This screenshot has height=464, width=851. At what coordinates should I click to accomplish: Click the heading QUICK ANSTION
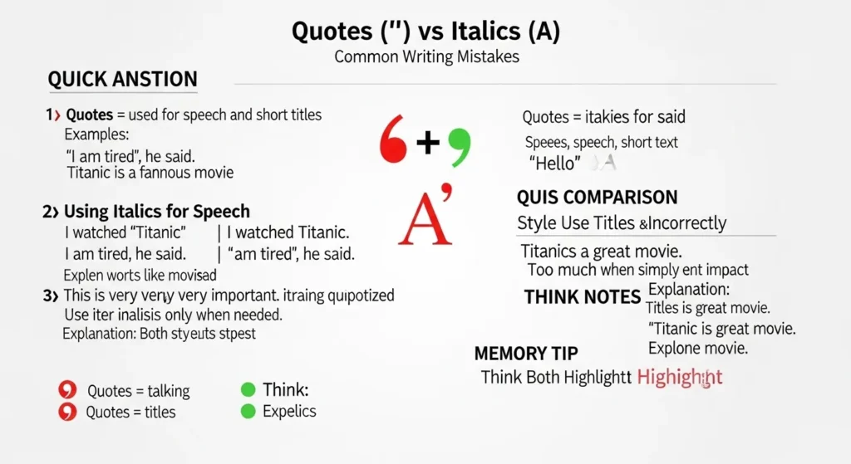(x=122, y=80)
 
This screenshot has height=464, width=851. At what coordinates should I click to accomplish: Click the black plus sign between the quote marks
(x=427, y=144)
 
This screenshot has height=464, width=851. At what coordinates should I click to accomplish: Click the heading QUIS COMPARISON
(x=597, y=198)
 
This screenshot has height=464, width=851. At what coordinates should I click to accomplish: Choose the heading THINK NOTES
(x=582, y=297)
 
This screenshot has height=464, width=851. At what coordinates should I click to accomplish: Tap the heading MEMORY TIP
(x=526, y=353)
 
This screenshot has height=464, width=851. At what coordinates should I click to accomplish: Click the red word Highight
(x=680, y=377)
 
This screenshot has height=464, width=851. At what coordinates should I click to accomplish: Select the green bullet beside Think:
(x=247, y=389)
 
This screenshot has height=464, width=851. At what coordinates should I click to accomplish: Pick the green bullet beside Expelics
(x=247, y=411)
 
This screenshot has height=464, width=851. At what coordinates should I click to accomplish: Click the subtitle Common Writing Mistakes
(x=425, y=57)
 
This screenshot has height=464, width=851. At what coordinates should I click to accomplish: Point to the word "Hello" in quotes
(x=553, y=164)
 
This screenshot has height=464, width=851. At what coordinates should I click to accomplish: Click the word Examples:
(x=97, y=134)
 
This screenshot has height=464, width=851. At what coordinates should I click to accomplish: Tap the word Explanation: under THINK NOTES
(x=689, y=290)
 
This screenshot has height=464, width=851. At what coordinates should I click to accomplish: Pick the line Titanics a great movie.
(x=601, y=252)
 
